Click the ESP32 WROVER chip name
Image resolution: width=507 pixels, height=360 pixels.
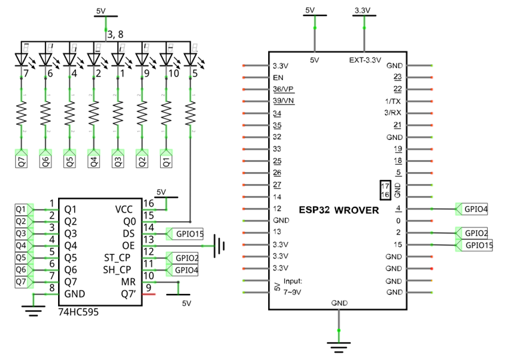pos(338,210)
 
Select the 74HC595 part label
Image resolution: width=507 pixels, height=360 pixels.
pos(79,312)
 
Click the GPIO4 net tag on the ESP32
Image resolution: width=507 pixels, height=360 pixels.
pos(472,209)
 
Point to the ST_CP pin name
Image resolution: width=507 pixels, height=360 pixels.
pos(117,258)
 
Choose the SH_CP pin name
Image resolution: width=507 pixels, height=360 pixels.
pos(117,270)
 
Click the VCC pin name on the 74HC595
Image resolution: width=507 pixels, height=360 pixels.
pos(124,209)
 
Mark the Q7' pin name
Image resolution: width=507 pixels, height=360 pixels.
pos(128,294)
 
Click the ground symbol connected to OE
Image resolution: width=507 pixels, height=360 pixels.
pos(219,246)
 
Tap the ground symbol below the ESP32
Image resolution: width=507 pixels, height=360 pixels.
pos(338,347)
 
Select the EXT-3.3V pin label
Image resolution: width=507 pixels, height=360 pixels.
pos(365,60)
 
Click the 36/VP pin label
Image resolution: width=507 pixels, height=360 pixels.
pos(284,89)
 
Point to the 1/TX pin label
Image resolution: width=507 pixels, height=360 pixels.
pos(393,101)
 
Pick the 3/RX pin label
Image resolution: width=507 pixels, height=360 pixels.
pos(392,113)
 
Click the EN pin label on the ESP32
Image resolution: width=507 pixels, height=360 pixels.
pos(278,77)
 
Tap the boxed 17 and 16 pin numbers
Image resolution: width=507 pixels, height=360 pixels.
pos(385,191)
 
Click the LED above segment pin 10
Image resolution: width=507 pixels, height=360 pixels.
pos(166,60)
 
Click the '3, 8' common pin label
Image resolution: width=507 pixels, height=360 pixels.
pos(115,34)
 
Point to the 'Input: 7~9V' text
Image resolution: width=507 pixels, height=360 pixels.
pos(293,287)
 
